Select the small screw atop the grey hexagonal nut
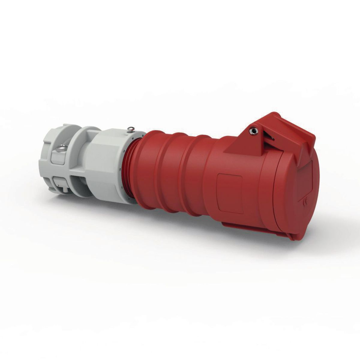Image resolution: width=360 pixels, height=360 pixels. (131, 129)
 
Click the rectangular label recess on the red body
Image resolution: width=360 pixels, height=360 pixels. (230, 193)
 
